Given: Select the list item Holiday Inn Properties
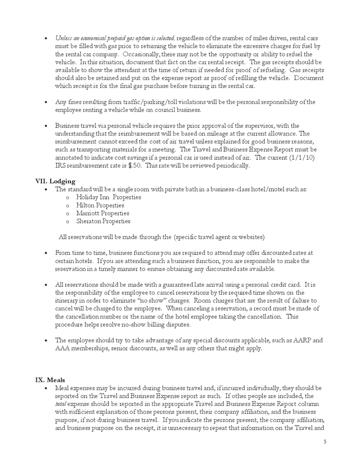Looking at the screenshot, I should [x=108, y=197].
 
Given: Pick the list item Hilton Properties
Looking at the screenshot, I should [x=100, y=205].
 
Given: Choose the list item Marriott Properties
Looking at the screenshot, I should [x=103, y=213].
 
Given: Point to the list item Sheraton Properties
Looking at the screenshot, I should [x=103, y=221].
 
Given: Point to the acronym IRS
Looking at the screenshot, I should [x=61, y=166].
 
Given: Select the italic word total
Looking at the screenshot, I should [x=61, y=404].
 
